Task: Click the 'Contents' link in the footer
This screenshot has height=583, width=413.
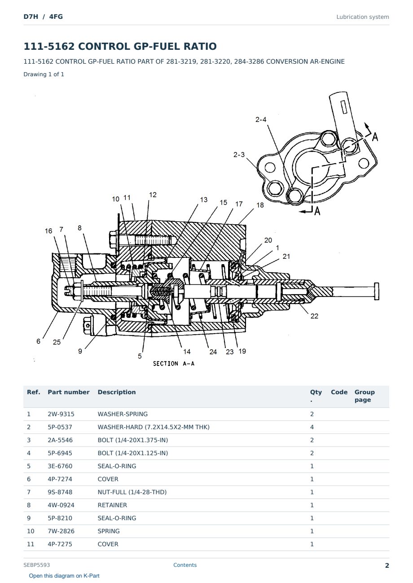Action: tap(185, 565)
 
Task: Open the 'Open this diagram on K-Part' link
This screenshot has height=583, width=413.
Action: tap(64, 575)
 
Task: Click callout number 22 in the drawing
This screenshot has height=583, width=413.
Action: tap(314, 316)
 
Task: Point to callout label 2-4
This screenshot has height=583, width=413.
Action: tap(261, 119)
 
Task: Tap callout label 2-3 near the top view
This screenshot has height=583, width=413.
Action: tap(239, 155)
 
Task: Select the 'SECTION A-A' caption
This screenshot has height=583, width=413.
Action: tap(174, 364)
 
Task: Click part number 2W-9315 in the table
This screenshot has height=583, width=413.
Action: tap(61, 414)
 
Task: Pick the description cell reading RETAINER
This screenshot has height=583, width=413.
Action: tap(112, 505)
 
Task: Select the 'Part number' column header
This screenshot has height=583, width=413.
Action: tap(69, 392)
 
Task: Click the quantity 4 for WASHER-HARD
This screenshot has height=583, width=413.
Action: tap(312, 427)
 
